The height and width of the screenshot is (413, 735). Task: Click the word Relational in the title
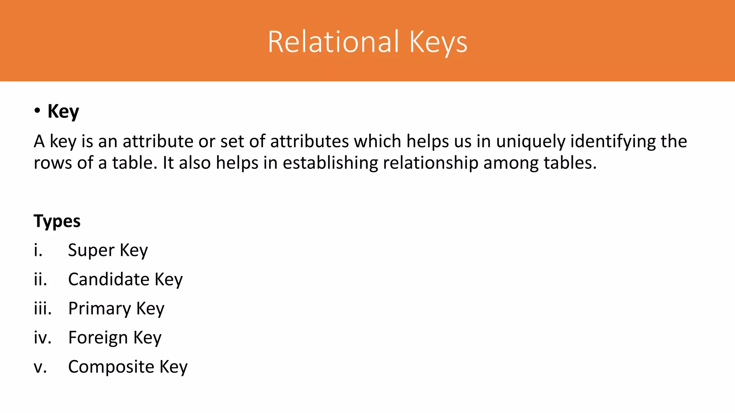click(x=333, y=42)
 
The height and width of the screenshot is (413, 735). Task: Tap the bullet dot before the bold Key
click(x=37, y=111)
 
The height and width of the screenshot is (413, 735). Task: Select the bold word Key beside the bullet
click(x=63, y=111)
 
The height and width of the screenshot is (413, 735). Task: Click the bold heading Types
click(x=57, y=221)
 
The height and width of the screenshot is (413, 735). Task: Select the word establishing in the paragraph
click(x=330, y=163)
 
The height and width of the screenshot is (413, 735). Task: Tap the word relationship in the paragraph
click(x=431, y=163)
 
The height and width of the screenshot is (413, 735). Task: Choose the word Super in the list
click(x=91, y=250)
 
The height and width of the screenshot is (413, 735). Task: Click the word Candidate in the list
click(x=109, y=279)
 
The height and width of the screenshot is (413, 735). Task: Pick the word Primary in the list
click(x=100, y=309)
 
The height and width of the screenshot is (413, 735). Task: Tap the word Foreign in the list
click(x=98, y=338)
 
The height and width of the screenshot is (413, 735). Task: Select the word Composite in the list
click(x=111, y=367)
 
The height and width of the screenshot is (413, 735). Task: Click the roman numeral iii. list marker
click(x=43, y=309)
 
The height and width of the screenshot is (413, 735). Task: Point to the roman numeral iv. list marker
click(x=42, y=338)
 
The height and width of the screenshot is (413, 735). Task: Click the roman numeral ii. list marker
click(x=41, y=279)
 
